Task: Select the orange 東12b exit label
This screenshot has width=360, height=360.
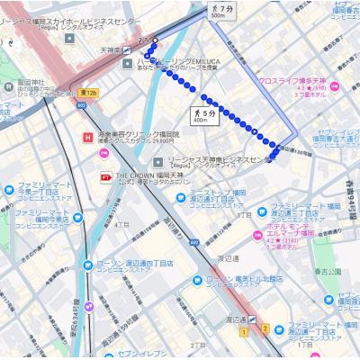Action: click(x=87, y=93)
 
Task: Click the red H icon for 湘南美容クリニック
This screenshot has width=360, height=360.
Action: click(x=86, y=137)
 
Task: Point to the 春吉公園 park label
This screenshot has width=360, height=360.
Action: click(x=327, y=270)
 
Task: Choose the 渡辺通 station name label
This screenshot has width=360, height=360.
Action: click(x=236, y=319)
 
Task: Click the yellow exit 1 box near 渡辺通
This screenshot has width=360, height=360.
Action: click(x=243, y=331)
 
